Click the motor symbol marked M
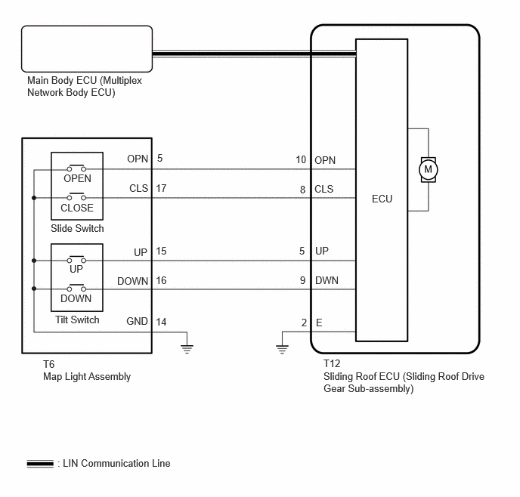[x=428, y=170]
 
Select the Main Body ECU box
[x=87, y=48]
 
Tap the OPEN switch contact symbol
[x=76, y=168]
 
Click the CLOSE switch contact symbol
[x=76, y=196]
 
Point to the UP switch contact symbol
[x=76, y=259]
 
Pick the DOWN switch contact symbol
[x=76, y=288]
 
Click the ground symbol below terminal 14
[x=187, y=349]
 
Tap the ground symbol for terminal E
[x=282, y=349]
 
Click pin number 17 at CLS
[x=161, y=188]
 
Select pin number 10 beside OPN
[x=301, y=159]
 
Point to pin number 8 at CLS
[x=302, y=190]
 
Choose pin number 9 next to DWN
[x=302, y=281]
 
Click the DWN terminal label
[x=327, y=281]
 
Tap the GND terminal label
[x=137, y=321]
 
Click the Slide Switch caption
[x=77, y=228]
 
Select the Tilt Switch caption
[x=77, y=319]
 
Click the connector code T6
[x=48, y=365]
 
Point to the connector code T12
[x=332, y=363]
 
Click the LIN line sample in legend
[x=40, y=464]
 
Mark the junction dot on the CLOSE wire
[x=34, y=198]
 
